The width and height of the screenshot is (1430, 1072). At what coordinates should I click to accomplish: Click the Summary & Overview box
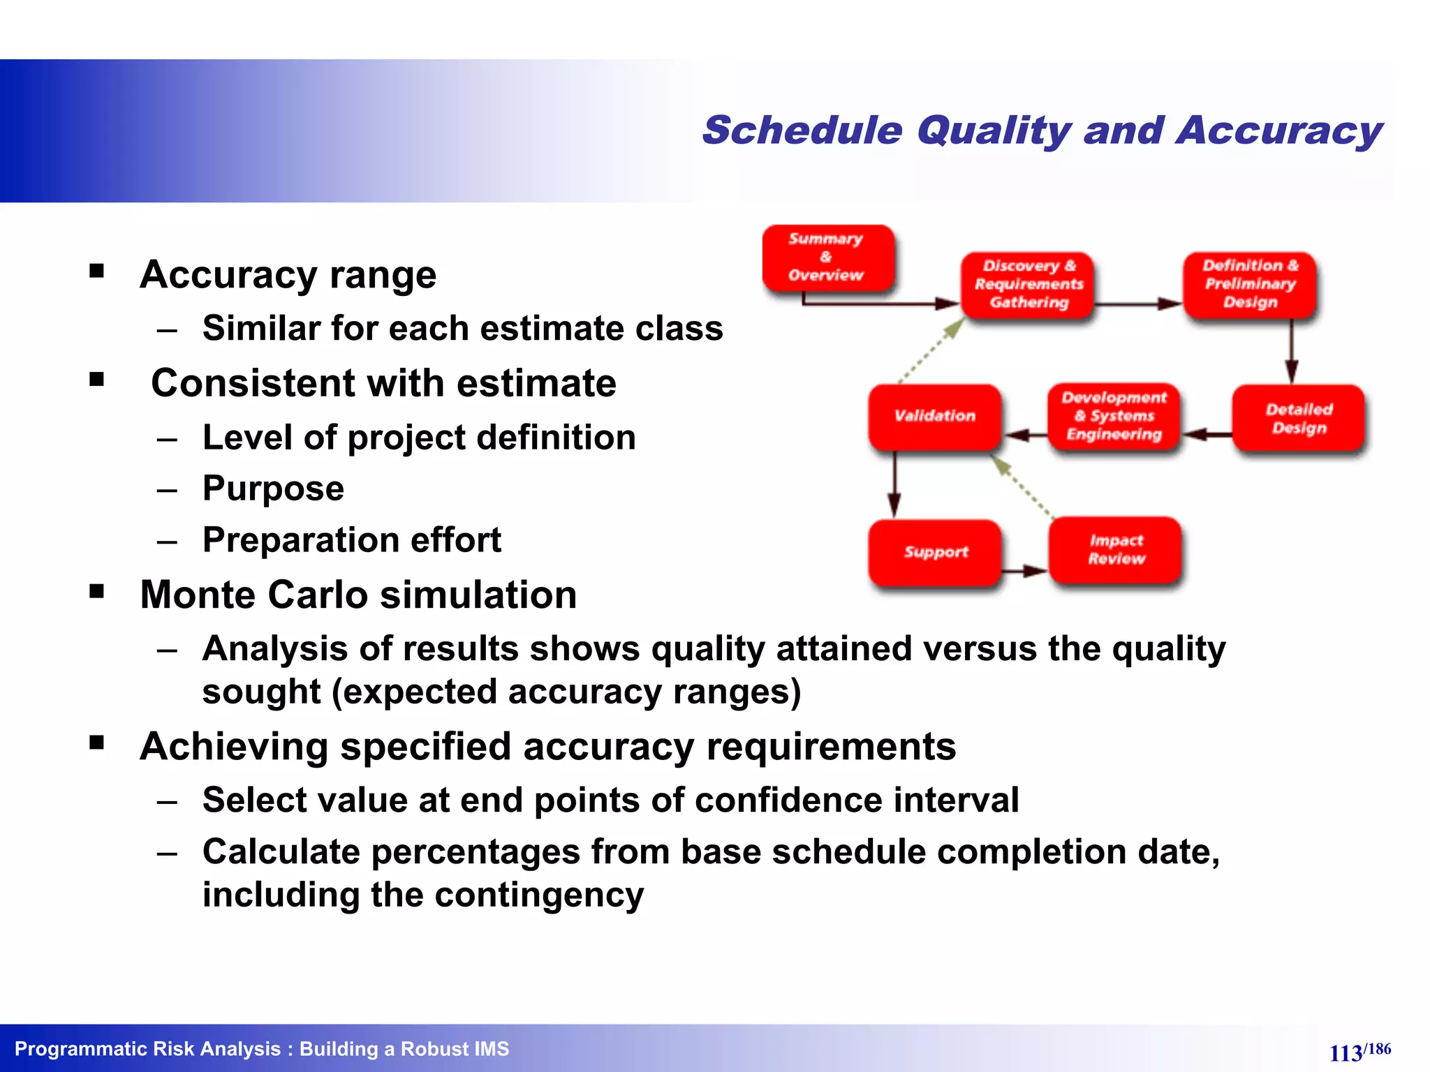coord(827,258)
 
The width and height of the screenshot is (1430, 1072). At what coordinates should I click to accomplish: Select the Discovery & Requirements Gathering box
coord(1028,285)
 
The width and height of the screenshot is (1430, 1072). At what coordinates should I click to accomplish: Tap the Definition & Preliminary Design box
coord(1249,284)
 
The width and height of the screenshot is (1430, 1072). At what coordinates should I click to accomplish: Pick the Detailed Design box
coord(1298,419)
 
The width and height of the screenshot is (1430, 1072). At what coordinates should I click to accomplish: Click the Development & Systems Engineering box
coord(1114,417)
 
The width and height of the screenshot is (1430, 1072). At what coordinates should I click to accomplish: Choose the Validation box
coord(934,417)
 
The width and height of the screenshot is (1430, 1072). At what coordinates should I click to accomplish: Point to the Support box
coord(935,553)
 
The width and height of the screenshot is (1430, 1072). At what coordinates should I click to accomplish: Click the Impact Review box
coord(1116,550)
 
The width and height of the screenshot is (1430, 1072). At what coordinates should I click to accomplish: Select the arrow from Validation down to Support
coord(894,485)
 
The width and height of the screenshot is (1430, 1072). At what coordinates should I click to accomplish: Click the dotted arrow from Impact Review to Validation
coord(1024,487)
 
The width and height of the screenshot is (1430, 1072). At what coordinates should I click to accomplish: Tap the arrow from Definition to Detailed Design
coord(1291,351)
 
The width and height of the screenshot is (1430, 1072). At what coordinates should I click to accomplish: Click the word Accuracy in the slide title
coord(1278,131)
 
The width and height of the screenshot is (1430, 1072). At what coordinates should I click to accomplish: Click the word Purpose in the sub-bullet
coord(273,489)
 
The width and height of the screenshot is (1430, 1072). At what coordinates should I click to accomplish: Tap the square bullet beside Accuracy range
coord(97,271)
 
